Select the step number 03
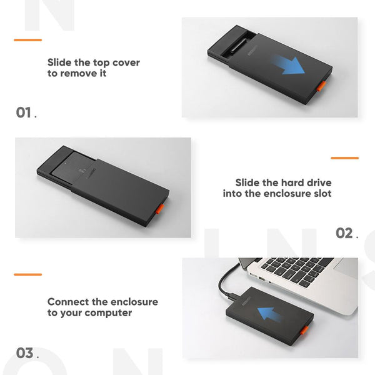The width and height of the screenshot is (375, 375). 24,353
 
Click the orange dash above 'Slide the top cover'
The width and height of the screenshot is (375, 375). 27,40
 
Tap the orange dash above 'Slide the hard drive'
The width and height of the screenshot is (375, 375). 344,158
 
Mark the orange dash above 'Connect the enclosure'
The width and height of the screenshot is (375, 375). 27,274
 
